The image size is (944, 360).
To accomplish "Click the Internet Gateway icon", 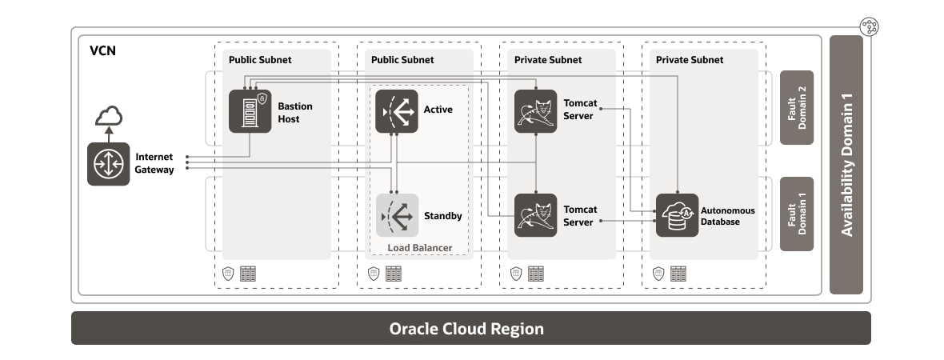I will (x=108, y=164).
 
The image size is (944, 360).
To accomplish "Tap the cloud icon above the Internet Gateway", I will (x=109, y=118).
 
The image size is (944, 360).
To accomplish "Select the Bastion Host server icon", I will (x=250, y=111).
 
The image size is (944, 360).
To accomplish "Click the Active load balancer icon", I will (x=397, y=111).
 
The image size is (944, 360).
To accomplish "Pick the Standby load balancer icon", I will (x=397, y=215).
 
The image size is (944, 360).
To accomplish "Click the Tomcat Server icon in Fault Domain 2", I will (x=535, y=111).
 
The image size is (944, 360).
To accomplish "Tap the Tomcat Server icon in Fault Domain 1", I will (x=535, y=215).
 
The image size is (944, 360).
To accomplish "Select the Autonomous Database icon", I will (x=677, y=215).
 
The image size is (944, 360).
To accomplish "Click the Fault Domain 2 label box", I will (x=796, y=108).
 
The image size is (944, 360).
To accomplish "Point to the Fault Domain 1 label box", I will (x=796, y=214).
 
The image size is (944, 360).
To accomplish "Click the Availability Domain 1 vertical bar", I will (x=846, y=165).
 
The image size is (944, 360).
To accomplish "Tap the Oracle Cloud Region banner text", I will (x=466, y=329).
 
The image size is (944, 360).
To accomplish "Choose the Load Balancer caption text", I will (x=419, y=248).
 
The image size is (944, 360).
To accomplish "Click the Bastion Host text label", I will (x=295, y=112).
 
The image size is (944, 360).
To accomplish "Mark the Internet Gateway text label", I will (x=154, y=163).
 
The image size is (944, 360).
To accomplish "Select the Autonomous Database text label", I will (x=727, y=216).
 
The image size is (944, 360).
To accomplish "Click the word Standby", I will (x=442, y=216).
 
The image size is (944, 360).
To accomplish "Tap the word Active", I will (x=438, y=109).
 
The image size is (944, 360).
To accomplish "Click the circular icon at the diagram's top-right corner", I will (x=870, y=26).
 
